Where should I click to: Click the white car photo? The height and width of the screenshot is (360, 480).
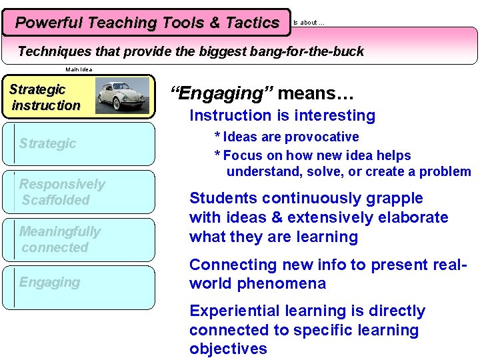tap(122, 95)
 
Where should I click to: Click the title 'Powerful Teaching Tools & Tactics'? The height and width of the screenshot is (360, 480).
tap(147, 23)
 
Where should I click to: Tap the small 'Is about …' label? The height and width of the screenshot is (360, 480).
tap(309, 23)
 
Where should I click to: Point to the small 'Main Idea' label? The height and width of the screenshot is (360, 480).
tap(79, 69)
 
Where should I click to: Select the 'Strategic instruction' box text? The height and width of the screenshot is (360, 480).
tap(46, 97)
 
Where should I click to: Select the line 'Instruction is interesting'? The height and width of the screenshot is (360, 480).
tap(282, 115)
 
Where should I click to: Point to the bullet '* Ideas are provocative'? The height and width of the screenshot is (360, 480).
tap(286, 137)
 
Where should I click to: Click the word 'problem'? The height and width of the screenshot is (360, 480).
tap(446, 171)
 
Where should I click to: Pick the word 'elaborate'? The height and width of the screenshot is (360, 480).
tap(413, 217)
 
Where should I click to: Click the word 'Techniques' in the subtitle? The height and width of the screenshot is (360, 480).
tap(53, 51)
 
